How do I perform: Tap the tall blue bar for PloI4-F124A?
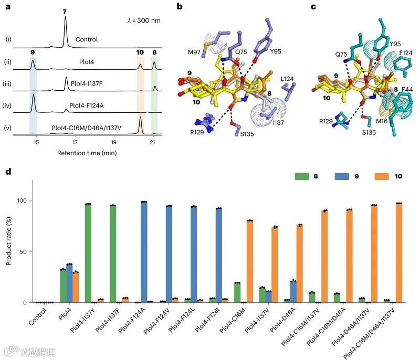tap(144, 252)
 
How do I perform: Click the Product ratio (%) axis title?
tap(9, 241)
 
